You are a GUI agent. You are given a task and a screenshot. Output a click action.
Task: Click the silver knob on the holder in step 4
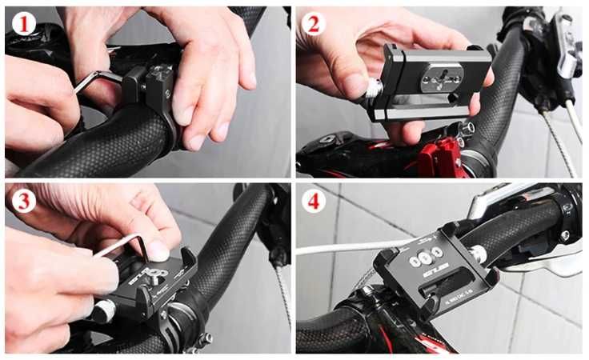(480, 255)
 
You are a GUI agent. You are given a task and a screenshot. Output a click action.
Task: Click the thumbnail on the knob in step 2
(355, 83)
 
